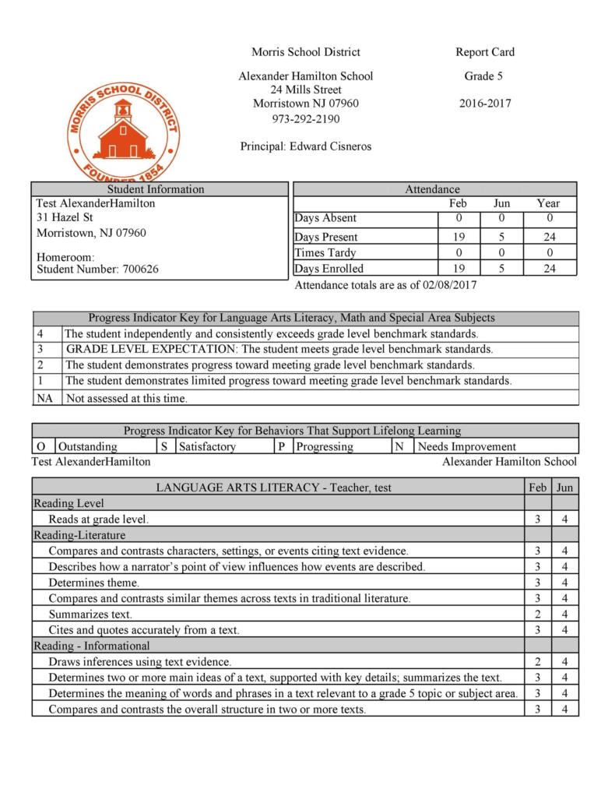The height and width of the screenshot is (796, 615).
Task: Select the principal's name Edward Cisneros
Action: pyautogui.click(x=330, y=146)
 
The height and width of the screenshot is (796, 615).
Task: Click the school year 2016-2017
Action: pyautogui.click(x=485, y=104)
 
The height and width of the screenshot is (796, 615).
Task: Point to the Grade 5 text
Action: pyautogui.click(x=484, y=76)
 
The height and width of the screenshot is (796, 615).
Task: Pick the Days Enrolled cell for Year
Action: pyautogui.click(x=548, y=269)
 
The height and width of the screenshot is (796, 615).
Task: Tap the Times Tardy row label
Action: pyautogui.click(x=325, y=253)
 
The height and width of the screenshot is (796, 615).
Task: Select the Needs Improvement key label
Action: pyautogui.click(x=467, y=446)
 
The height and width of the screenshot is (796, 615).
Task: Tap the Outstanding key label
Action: pyautogui.click(x=88, y=446)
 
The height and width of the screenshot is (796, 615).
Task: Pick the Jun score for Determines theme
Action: pyautogui.click(x=564, y=583)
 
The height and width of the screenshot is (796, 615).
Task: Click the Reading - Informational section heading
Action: pyautogui.click(x=91, y=646)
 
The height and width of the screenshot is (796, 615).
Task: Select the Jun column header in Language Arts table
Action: pyautogui.click(x=564, y=488)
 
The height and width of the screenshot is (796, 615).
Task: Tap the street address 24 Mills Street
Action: pyautogui.click(x=305, y=90)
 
